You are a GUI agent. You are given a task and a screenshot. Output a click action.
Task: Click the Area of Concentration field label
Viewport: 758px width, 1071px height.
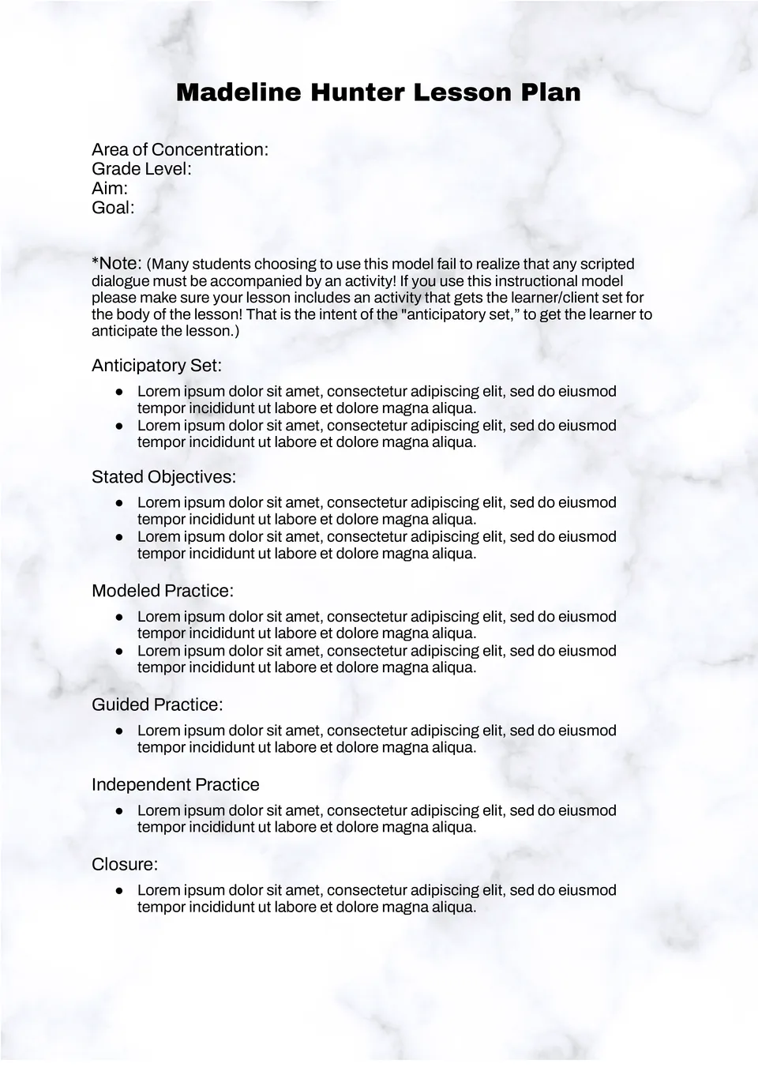(180, 150)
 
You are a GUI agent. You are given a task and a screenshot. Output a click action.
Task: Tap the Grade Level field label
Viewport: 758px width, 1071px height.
(141, 169)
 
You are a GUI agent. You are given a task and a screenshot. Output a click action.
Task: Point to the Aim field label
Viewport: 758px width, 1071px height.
(110, 188)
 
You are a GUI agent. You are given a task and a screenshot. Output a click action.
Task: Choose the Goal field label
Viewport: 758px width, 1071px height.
(113, 208)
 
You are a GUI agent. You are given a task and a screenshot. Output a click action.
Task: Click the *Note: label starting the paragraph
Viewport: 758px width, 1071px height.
(116, 263)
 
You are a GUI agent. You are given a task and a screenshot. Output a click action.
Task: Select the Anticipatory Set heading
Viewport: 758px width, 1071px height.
(156, 366)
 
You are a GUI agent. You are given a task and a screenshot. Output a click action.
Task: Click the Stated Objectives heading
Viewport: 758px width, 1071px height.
(163, 477)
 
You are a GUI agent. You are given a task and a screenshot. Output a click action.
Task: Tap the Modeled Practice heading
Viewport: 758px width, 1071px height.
(163, 591)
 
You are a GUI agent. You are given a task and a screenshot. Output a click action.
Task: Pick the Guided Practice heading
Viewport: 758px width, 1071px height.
(157, 705)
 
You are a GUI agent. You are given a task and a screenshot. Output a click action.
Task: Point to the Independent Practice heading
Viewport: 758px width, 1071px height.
(175, 784)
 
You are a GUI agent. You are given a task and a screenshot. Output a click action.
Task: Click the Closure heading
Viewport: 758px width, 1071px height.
(125, 864)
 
